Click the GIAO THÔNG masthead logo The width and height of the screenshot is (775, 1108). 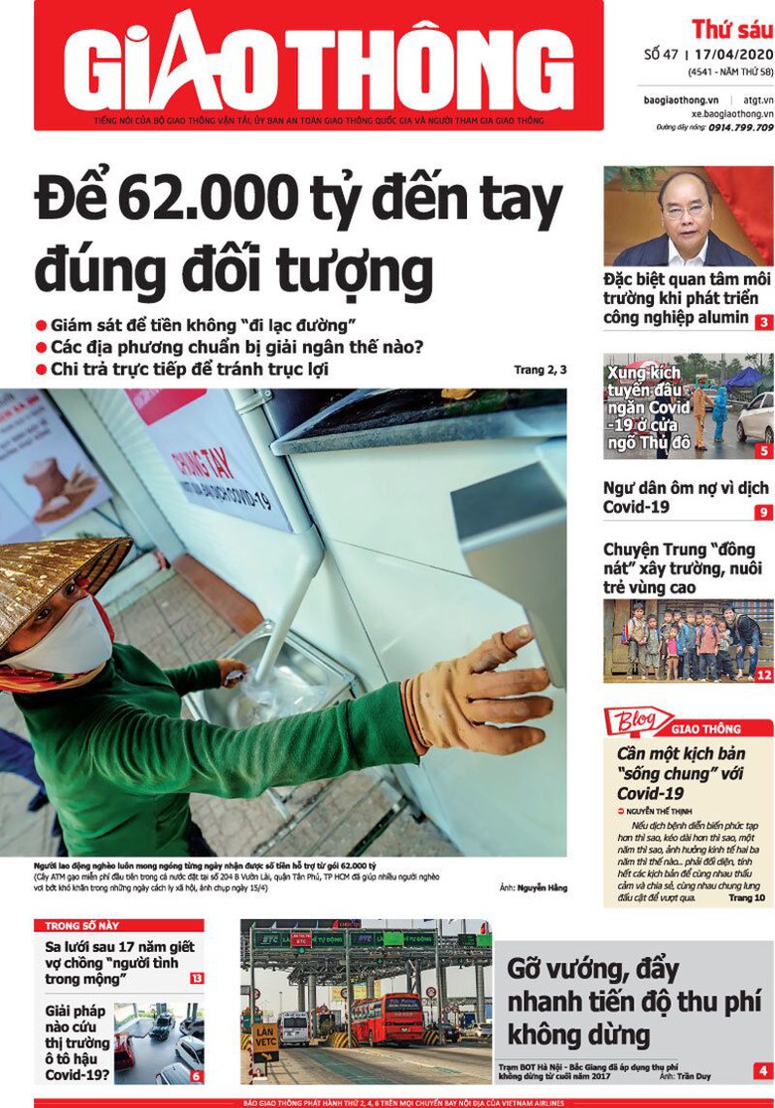tap(318, 62)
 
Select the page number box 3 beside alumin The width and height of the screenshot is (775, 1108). tap(763, 322)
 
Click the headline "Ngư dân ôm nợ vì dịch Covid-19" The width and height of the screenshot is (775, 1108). tap(686, 497)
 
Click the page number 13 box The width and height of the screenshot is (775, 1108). tap(197, 978)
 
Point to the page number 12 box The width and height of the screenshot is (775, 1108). tap(763, 675)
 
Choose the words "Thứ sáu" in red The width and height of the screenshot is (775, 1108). tap(731, 28)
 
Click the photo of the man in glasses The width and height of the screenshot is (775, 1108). tap(688, 216)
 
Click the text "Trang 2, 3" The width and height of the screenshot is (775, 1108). tap(541, 370)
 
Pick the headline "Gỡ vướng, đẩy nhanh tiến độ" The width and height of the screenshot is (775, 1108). tap(632, 999)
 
